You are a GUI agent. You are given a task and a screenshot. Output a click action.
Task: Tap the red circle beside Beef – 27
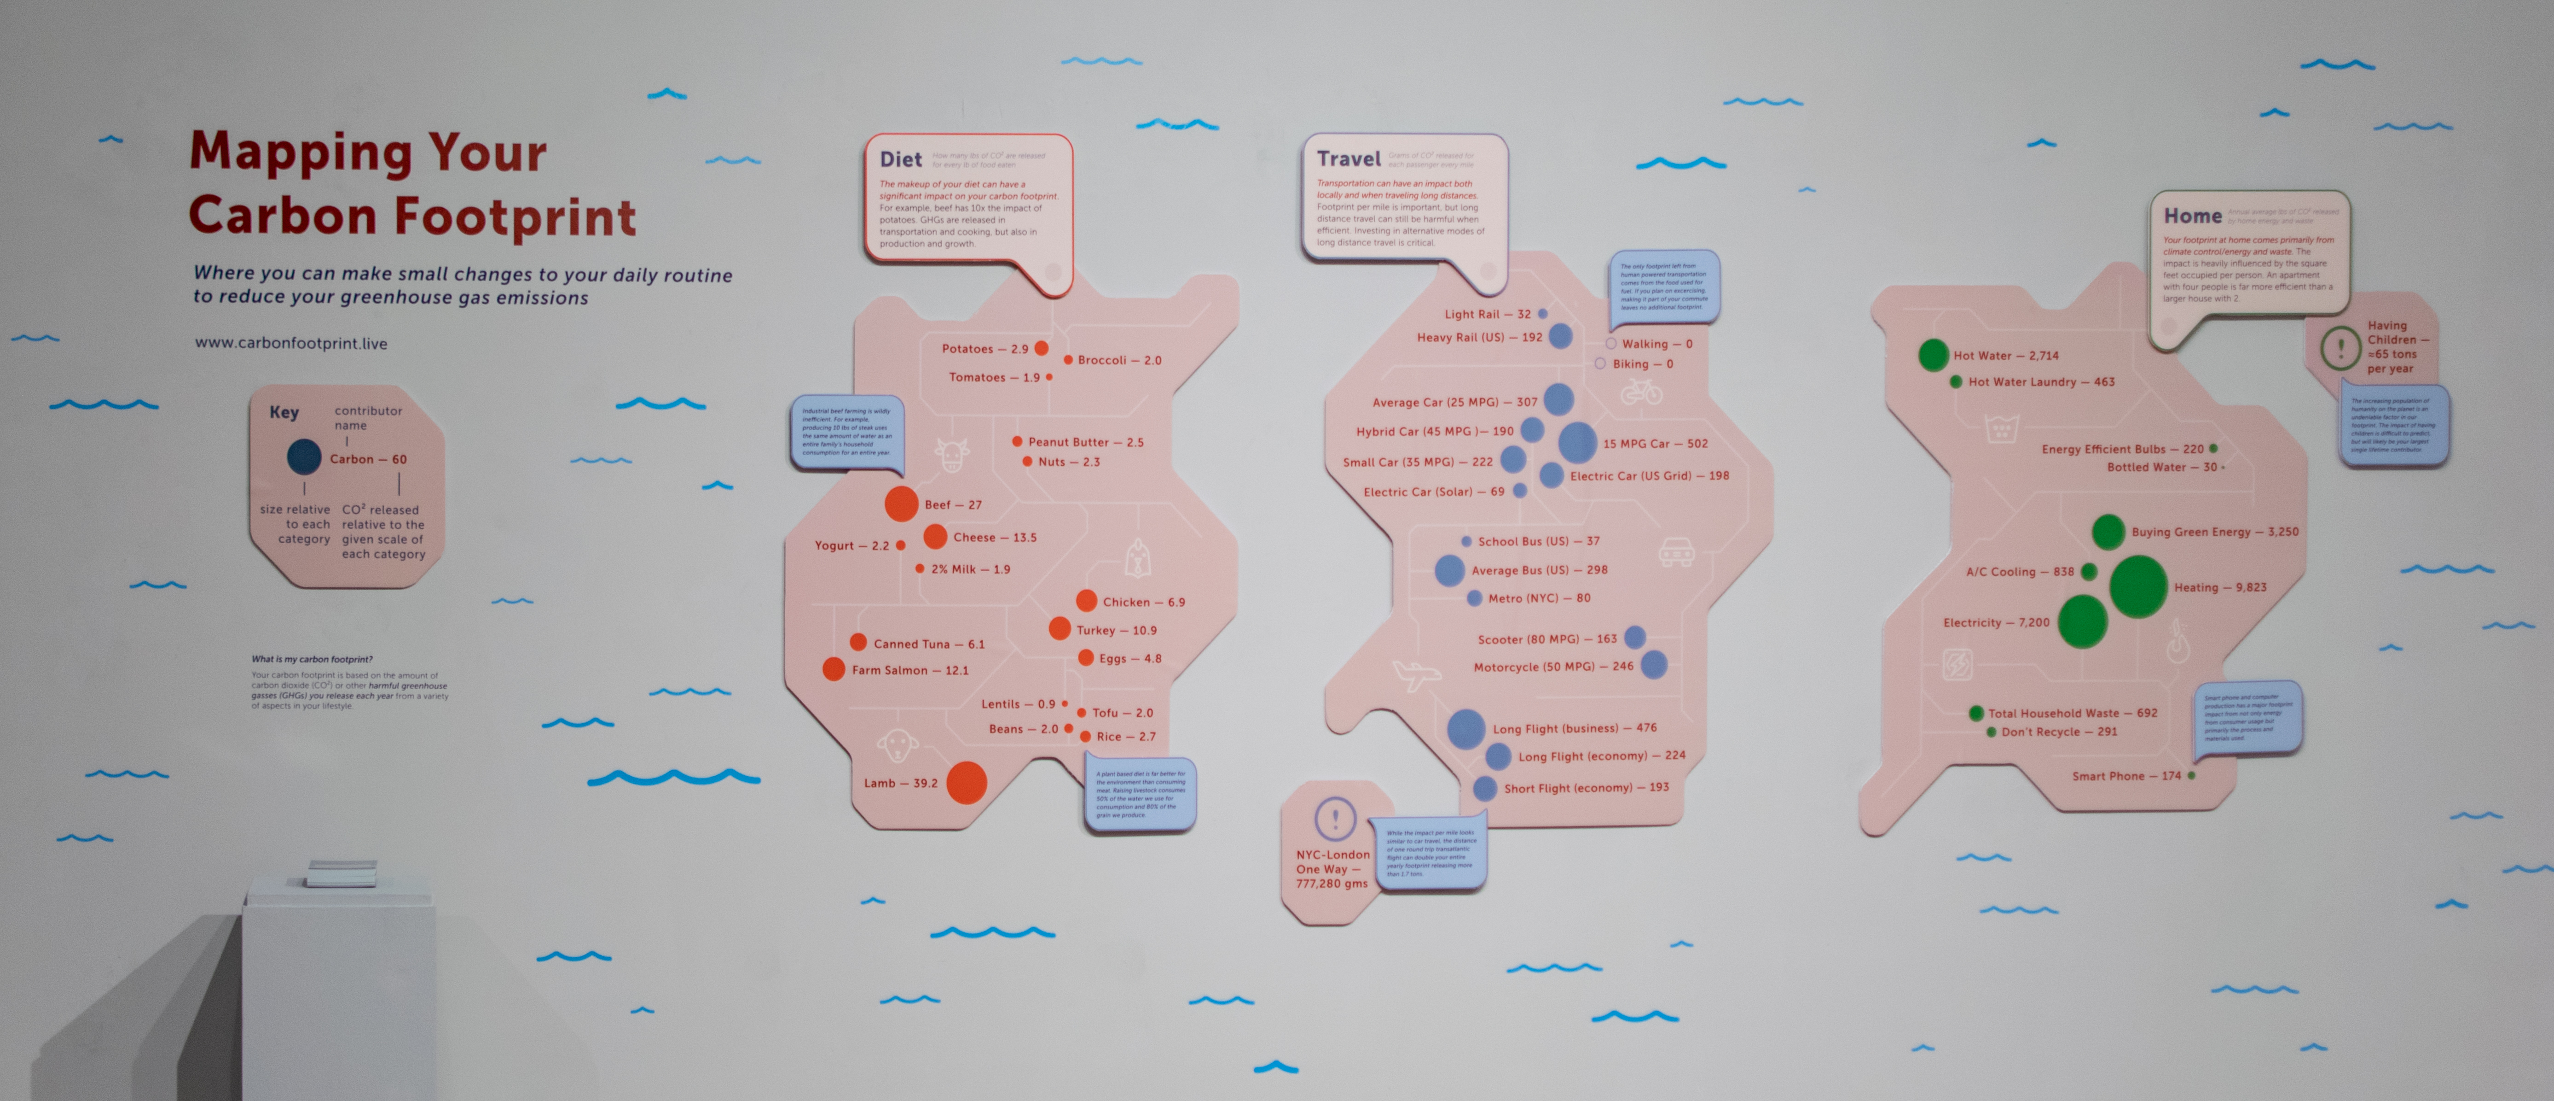coord(901,504)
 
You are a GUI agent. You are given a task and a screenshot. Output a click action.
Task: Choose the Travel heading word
coord(1349,159)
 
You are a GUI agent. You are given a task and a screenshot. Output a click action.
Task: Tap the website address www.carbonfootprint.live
coord(290,343)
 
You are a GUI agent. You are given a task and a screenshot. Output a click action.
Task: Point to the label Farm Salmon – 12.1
coord(909,671)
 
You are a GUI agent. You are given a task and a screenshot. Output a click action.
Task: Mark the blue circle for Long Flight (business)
coord(1465,729)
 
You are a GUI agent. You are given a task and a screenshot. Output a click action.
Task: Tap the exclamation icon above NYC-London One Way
coord(1334,820)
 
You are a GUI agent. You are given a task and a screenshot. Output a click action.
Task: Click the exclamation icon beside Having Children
coord(2341,348)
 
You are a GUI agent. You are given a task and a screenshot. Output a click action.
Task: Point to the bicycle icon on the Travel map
coord(1641,393)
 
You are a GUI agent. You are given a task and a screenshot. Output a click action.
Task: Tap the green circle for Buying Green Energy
coord(2108,532)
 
